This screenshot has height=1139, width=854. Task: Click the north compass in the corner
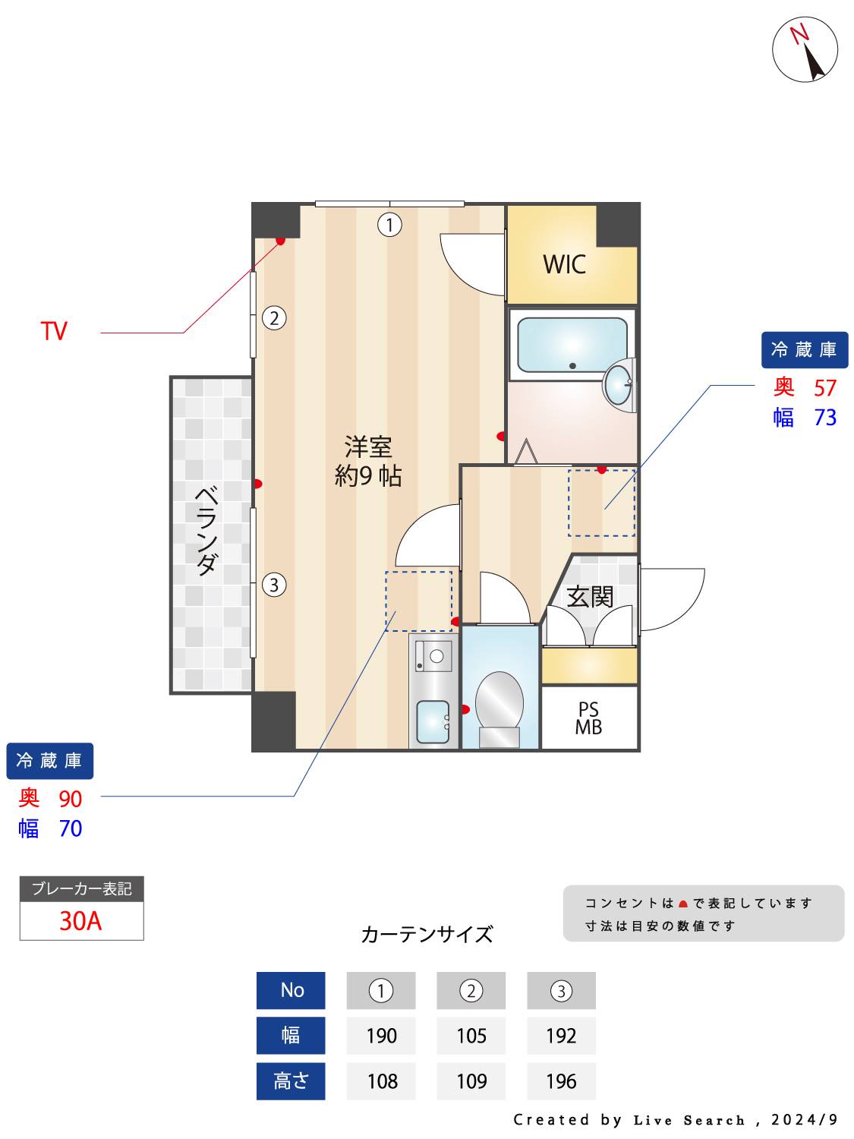[x=804, y=49]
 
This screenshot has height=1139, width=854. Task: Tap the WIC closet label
[x=564, y=264]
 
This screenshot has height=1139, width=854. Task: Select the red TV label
[x=54, y=330]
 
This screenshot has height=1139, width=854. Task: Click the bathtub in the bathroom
[x=572, y=345]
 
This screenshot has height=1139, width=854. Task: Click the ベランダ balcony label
[x=206, y=530]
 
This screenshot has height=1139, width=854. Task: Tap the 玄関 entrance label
[x=590, y=597]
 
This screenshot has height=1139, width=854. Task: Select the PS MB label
[x=588, y=718]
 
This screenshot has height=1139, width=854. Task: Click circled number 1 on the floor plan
[x=389, y=225]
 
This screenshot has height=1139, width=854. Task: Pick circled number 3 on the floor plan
[x=274, y=585]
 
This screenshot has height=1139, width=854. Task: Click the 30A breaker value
[x=80, y=921]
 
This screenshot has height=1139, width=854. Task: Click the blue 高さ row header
[x=291, y=1081]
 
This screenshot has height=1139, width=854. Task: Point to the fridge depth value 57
[x=825, y=388]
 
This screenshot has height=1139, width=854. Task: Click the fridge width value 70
[x=71, y=828]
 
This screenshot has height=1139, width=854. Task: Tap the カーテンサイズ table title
[x=427, y=935]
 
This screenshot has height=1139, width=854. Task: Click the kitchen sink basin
[x=433, y=722]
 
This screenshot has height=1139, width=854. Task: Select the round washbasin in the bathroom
[x=619, y=385]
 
